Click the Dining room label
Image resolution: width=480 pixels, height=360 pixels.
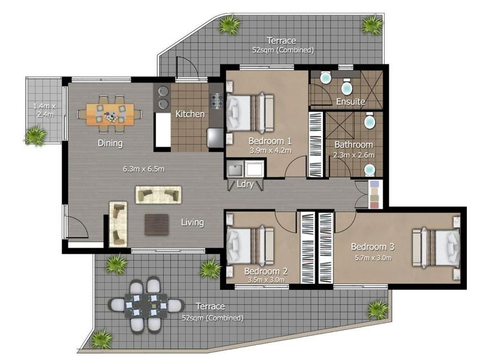click(110, 143)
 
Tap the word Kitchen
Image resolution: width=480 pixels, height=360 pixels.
click(190, 114)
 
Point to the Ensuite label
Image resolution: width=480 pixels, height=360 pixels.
click(350, 101)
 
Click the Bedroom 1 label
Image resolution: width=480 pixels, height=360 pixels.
click(270, 141)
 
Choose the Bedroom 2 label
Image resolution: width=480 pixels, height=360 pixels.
click(266, 271)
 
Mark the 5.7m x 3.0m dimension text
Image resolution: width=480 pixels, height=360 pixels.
click(371, 258)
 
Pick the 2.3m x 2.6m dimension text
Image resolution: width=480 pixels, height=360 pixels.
click(353, 155)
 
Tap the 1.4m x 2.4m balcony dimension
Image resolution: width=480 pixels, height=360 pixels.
click(44, 110)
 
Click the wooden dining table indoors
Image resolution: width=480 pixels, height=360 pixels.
click(110, 113)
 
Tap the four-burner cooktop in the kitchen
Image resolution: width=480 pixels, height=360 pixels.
click(217, 101)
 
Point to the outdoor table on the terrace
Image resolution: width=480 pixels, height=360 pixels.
click(145, 305)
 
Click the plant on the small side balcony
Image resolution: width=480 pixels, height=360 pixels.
click(36, 135)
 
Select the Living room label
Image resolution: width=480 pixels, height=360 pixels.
click(193, 223)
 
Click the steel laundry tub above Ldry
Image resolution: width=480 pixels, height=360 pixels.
click(236, 169)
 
